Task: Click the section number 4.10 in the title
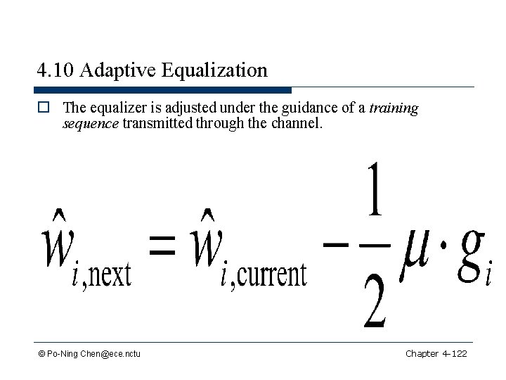55,70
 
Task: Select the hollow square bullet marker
44,109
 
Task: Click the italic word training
394,108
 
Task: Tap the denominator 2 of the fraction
374,303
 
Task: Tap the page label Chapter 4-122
436,353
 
